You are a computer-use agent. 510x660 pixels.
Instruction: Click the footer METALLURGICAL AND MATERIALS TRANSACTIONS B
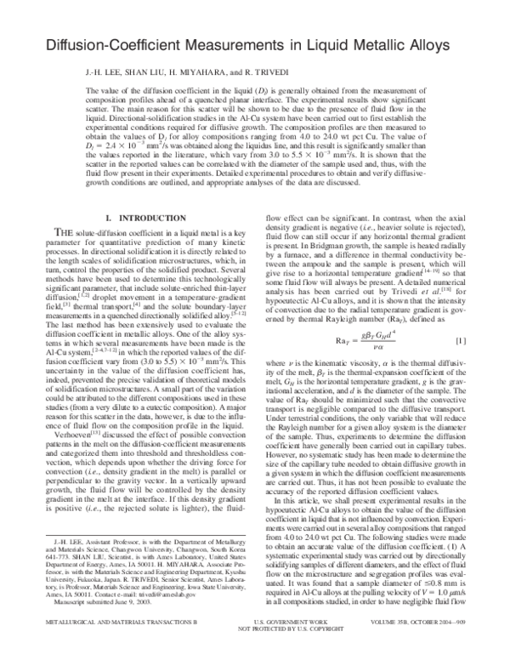coord(93,646)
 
